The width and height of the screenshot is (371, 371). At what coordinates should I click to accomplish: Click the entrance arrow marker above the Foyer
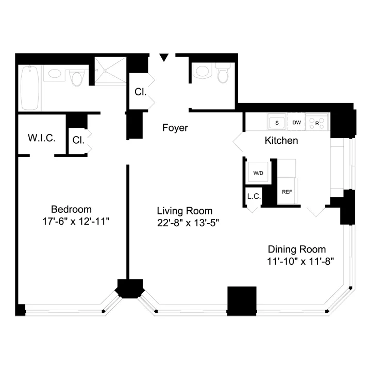(164, 58)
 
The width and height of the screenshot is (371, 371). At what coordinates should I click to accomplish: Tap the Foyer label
(175, 128)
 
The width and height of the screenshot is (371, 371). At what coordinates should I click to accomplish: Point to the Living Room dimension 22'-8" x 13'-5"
(184, 223)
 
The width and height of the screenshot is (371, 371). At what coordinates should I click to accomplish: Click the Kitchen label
(281, 140)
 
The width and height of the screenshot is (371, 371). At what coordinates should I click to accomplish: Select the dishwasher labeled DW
(296, 123)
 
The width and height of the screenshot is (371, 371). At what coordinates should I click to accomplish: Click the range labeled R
(316, 123)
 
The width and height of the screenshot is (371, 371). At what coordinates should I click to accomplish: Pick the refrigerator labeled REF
(287, 191)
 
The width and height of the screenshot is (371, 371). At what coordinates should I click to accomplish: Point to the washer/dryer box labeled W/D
(258, 173)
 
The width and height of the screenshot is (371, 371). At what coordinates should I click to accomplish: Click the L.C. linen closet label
(252, 196)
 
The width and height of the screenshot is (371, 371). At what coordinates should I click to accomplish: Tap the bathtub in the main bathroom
(30, 87)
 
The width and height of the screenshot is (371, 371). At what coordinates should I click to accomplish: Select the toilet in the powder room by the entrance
(223, 75)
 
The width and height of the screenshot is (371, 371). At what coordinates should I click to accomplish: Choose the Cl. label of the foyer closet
(141, 93)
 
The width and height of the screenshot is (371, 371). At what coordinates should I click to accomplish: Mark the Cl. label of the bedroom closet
(78, 140)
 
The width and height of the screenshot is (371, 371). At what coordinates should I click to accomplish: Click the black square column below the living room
(242, 300)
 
